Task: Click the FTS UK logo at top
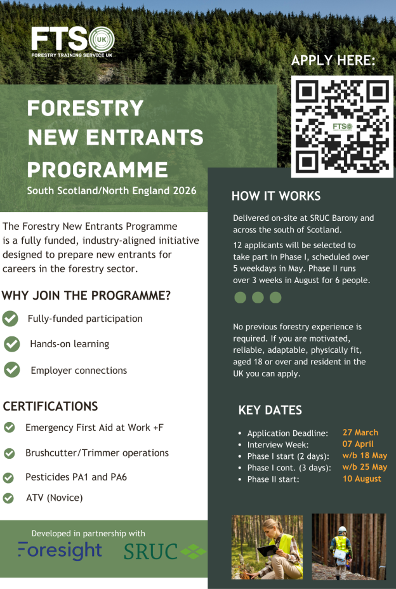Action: click(72, 41)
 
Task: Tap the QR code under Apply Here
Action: click(342, 126)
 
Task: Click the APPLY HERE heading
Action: click(333, 61)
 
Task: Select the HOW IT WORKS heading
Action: click(275, 195)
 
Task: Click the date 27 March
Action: click(360, 432)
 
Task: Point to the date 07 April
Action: click(358, 444)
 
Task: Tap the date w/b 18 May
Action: click(364, 455)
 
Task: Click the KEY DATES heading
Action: click(270, 410)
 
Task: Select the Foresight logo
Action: click(60, 551)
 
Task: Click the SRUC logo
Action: click(164, 552)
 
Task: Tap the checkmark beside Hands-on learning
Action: click(11, 344)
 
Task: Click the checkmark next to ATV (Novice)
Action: click(8, 498)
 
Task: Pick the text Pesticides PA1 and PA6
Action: click(76, 477)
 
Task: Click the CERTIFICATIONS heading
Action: click(50, 406)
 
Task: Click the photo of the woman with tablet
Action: click(267, 546)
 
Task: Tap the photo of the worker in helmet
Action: click(348, 546)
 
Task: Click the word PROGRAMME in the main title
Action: click(98, 169)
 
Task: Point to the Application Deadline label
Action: click(287, 433)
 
